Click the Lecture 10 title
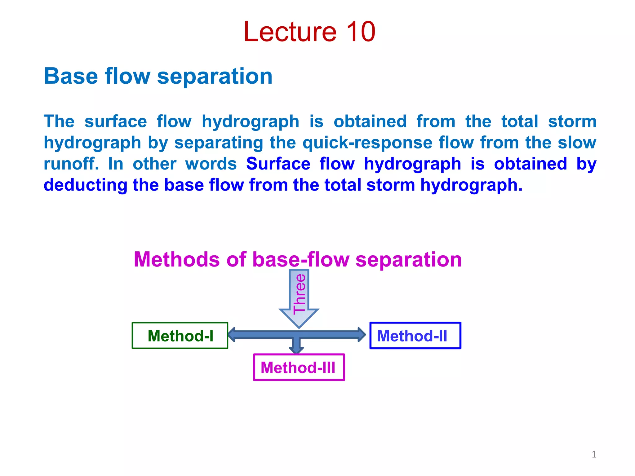coord(309,32)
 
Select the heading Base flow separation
coord(158,76)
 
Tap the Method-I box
coord(180,336)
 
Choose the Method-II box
coord(415,336)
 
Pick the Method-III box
coord(299,368)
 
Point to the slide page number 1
coord(594,454)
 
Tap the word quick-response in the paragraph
coord(367,143)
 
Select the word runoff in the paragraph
coord(71,164)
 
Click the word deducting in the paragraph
coord(85,185)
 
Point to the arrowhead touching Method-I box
coord(232,335)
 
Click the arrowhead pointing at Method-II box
coord(362,335)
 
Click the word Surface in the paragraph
coord(278,164)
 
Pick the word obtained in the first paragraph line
coord(370,121)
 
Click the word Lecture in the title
coord(290,32)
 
